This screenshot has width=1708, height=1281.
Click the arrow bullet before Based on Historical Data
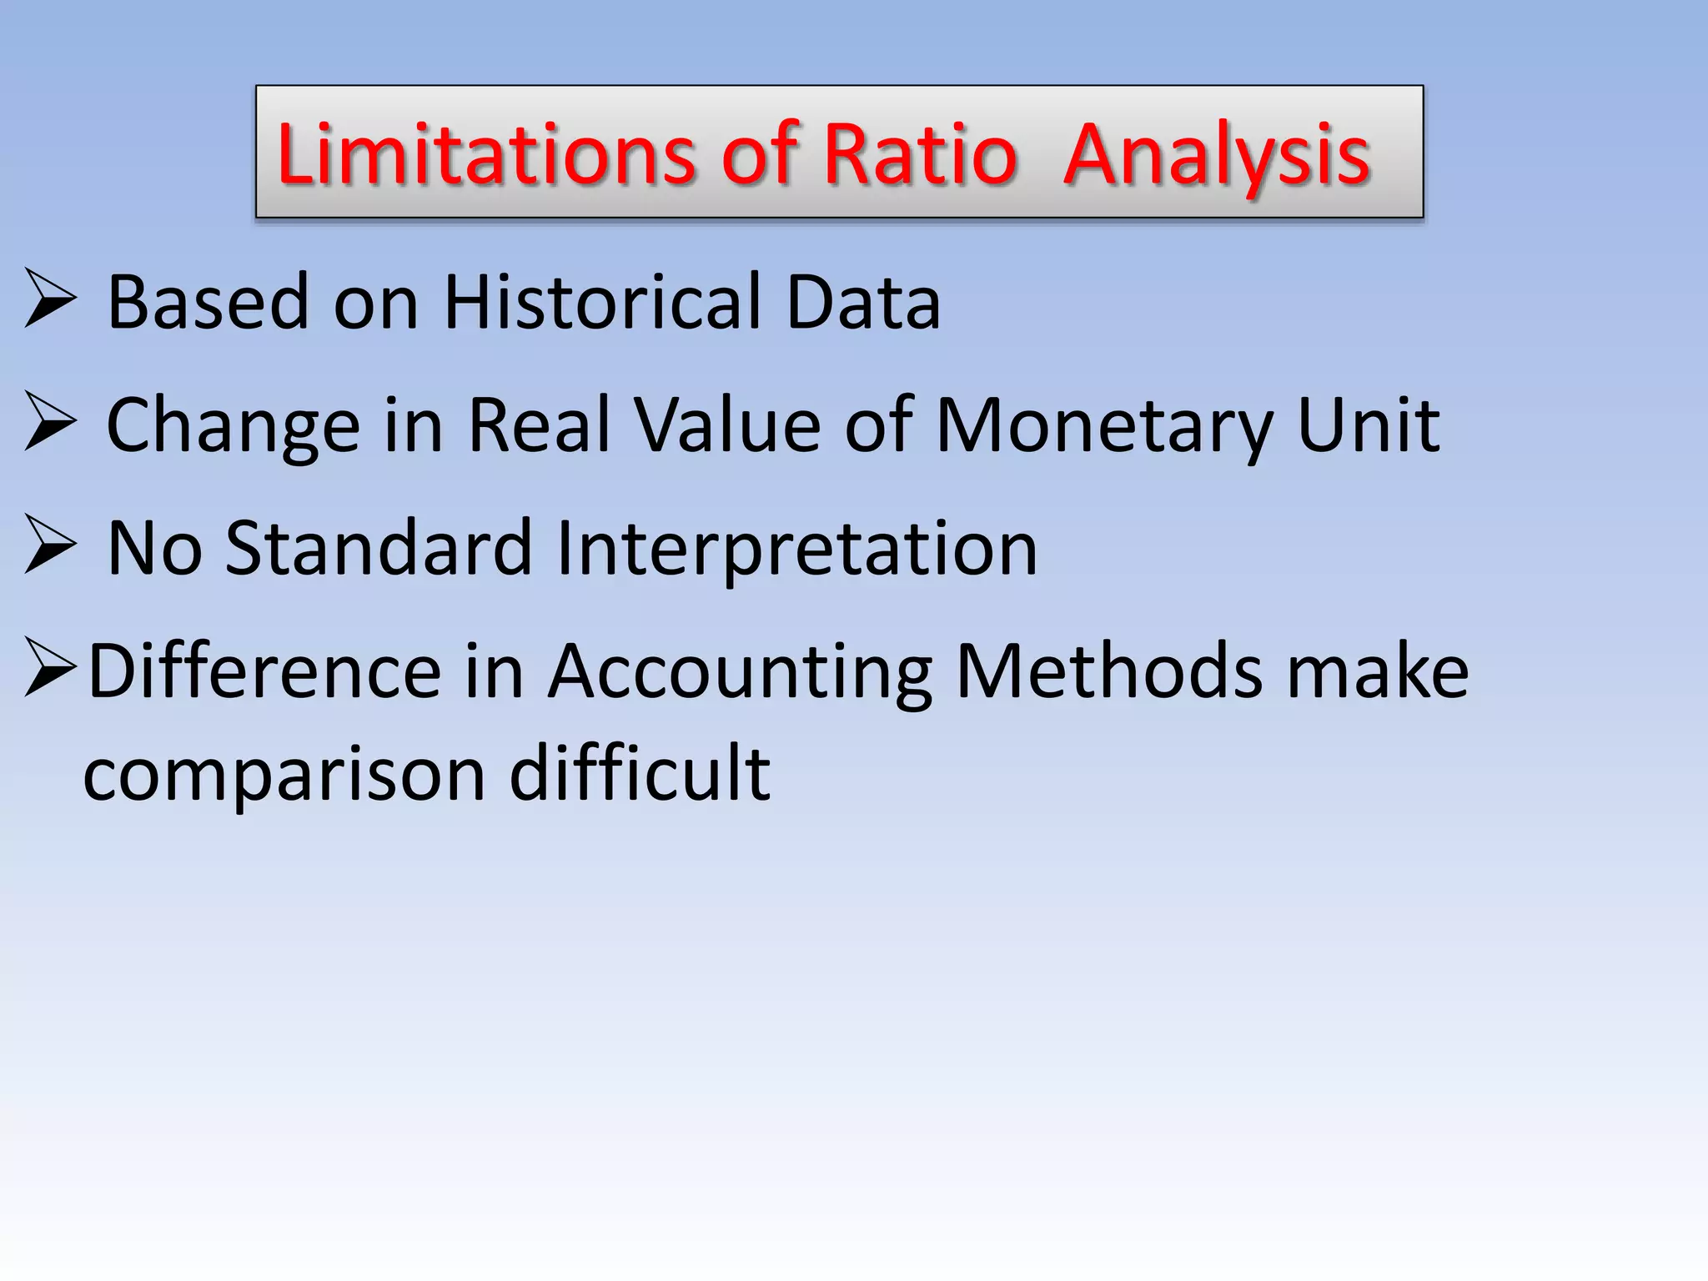point(50,298)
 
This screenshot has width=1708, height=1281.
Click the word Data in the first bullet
point(863,302)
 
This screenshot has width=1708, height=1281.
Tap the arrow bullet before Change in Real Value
point(50,421)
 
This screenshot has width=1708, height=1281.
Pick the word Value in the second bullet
point(727,425)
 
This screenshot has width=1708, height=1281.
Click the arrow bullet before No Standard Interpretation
point(50,545)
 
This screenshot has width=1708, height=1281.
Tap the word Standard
point(378,549)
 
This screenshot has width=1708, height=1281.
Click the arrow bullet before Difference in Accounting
point(50,667)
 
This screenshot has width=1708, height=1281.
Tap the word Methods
point(1109,671)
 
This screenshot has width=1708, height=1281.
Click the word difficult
point(640,774)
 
